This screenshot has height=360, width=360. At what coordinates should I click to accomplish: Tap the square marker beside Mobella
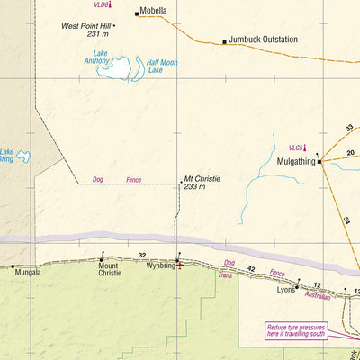[x=137, y=13]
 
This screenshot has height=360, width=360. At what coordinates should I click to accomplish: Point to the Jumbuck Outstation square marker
[x=224, y=41]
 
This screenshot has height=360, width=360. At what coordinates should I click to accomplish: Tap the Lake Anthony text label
[x=97, y=57]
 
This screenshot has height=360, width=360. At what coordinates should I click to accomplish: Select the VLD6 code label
[x=100, y=5]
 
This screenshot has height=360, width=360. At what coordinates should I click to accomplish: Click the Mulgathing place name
[x=289, y=162]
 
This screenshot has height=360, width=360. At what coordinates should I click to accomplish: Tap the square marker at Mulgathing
[x=319, y=162]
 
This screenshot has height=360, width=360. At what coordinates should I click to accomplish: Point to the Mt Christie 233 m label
[x=202, y=183]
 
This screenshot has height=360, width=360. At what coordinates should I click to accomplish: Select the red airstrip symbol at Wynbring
[x=179, y=265]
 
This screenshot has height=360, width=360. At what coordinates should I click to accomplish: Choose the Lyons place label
[x=285, y=291]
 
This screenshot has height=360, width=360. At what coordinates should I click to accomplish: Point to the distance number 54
[x=345, y=220]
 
